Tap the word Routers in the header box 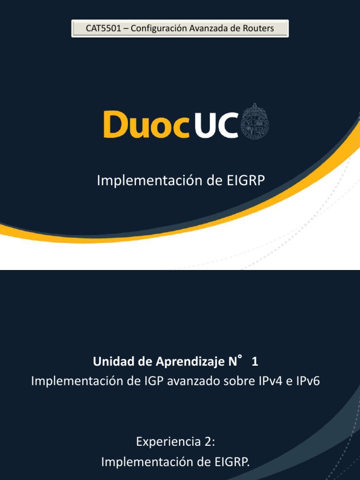tap(258, 29)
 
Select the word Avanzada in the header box tap(208, 29)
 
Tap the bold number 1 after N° tap(255, 362)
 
